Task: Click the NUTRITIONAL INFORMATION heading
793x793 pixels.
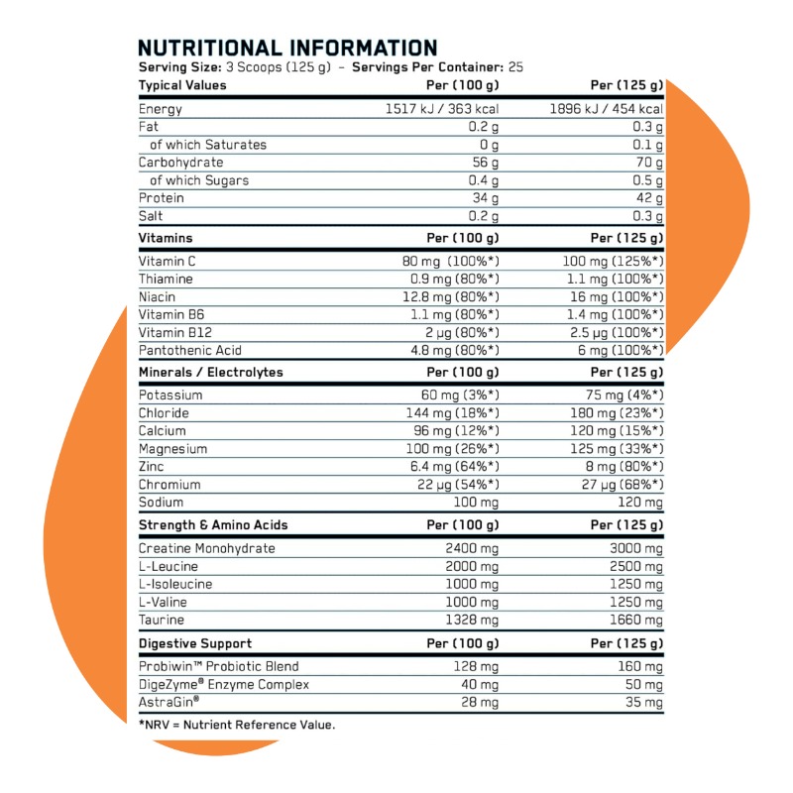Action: pos(286,48)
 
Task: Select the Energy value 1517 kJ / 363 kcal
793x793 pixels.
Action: pos(441,109)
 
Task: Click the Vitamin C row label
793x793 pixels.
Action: pos(169,261)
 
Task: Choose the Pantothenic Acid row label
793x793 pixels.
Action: pos(189,350)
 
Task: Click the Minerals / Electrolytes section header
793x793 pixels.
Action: pos(210,373)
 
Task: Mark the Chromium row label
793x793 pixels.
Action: pos(170,485)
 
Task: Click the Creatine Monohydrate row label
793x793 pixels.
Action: pos(206,548)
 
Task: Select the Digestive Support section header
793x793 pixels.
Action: pos(195,642)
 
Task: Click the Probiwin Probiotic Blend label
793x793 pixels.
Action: pos(218,666)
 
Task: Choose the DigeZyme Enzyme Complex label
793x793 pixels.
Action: pos(224,684)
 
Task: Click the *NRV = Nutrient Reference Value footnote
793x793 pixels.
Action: pos(237,725)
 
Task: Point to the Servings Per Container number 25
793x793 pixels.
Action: pos(514,67)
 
